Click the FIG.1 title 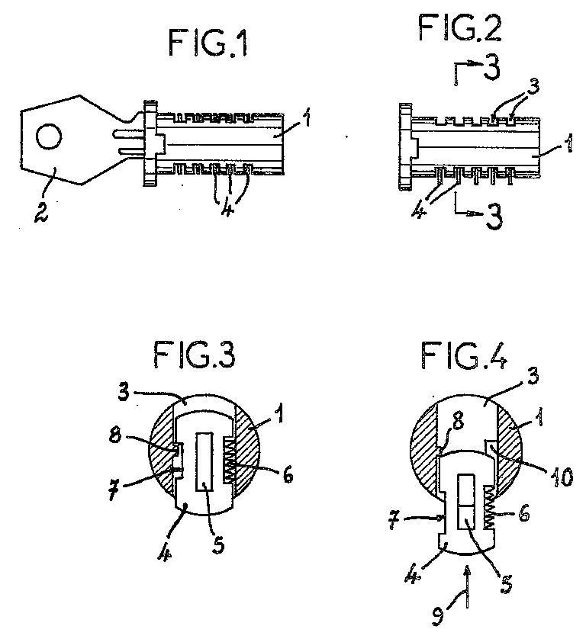click(x=208, y=44)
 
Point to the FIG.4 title click(x=465, y=355)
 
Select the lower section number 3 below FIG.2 click(x=494, y=217)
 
